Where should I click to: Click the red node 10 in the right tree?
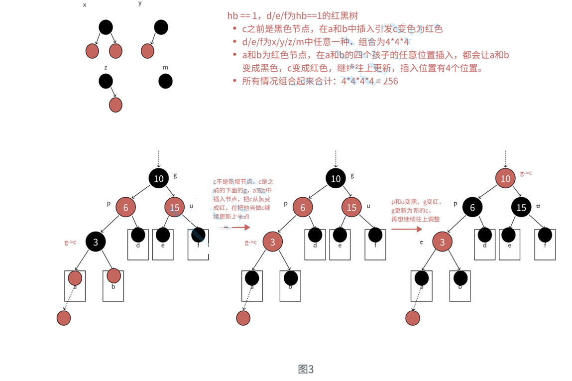(505, 178)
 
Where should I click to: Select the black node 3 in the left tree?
(95, 242)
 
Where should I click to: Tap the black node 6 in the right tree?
(472, 207)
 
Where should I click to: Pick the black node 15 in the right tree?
(521, 207)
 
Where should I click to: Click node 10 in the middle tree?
(336, 178)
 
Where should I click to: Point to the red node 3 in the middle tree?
(272, 242)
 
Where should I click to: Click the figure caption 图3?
(306, 369)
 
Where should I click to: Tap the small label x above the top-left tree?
(85, 4)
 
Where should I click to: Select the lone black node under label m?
(165, 81)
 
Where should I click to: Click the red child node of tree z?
(115, 105)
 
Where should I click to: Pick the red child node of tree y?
(147, 51)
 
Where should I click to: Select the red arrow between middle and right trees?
(406, 229)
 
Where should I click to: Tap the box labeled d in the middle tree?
(315, 245)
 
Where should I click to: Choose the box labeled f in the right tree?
(545, 245)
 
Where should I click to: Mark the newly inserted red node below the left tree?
(64, 318)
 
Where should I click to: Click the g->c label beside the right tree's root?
(526, 173)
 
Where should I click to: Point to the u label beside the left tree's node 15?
(191, 206)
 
